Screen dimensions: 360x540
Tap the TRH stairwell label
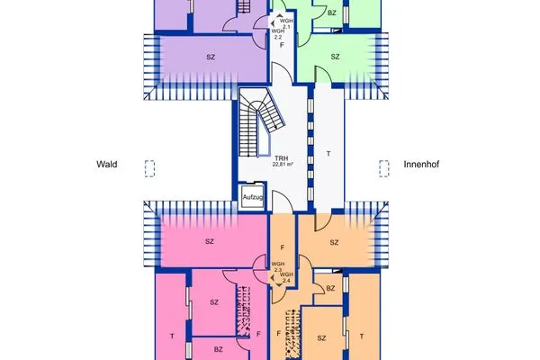point(281,157)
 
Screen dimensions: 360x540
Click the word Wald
point(108,165)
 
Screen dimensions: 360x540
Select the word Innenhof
point(421,165)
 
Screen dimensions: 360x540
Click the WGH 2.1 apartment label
point(286,23)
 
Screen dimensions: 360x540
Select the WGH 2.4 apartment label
point(286,278)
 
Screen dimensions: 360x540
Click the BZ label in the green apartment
point(332,13)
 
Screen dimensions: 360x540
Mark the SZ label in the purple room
point(211,58)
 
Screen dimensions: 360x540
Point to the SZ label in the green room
point(334,57)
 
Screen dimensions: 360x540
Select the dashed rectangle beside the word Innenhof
point(384,166)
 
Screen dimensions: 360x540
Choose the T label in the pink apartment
point(171,335)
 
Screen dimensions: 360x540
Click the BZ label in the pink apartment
point(218,349)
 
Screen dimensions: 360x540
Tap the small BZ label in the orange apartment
point(330,288)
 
